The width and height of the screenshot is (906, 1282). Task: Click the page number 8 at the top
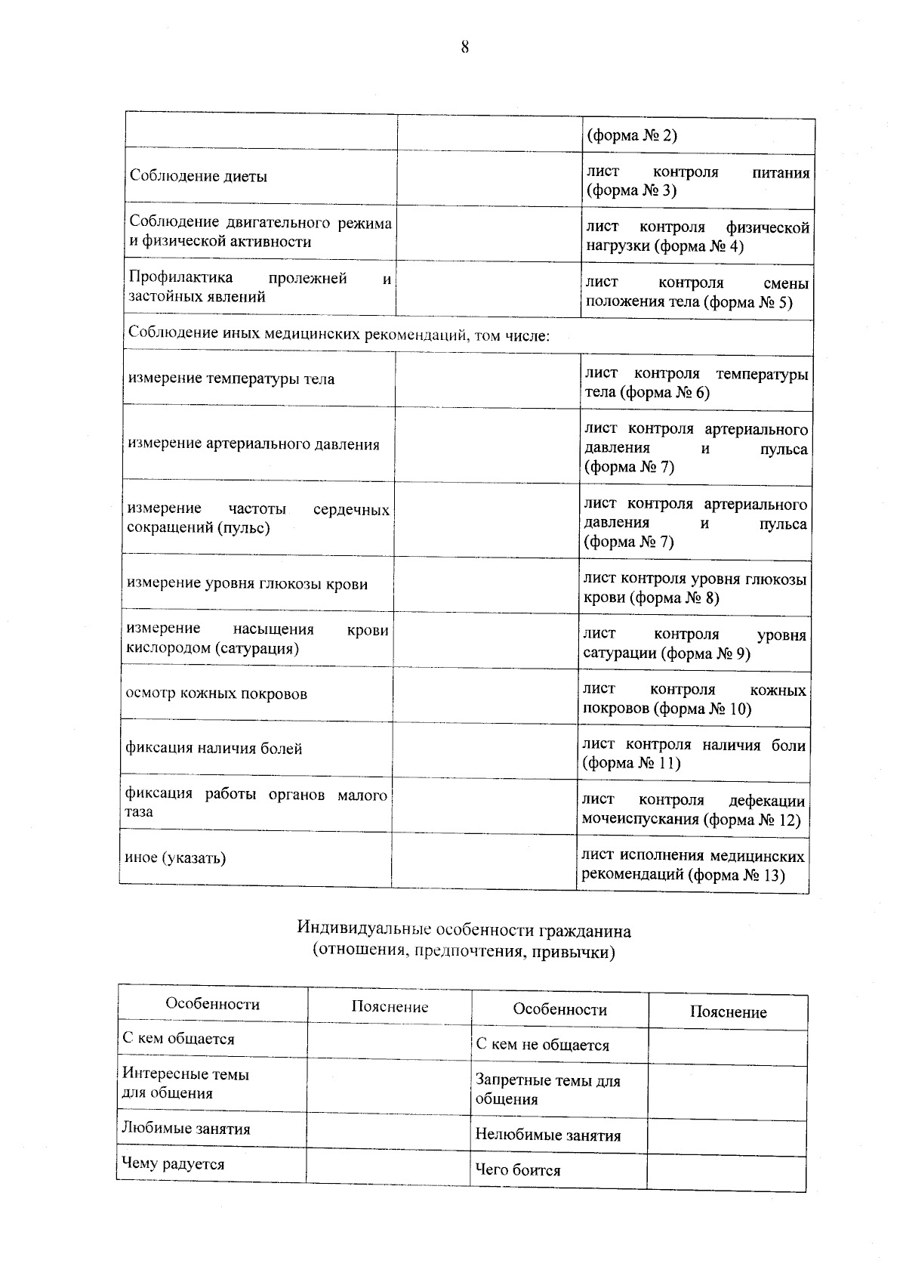[464, 48]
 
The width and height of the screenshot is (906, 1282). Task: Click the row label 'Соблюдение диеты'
[199, 177]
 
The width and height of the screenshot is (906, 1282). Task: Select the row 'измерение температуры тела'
[231, 379]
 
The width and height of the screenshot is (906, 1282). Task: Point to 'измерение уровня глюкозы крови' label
[247, 584]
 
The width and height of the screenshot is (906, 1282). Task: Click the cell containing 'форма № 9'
[694, 644]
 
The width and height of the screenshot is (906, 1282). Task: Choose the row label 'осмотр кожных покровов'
[217, 694]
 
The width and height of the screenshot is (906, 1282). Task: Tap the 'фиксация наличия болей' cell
[214, 749]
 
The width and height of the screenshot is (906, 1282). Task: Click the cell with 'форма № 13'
[692, 866]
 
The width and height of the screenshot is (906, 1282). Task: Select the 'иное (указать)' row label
[175, 858]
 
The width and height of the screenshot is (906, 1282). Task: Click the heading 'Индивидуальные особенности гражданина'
[464, 928]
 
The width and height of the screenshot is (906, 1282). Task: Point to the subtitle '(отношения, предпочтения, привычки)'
[464, 952]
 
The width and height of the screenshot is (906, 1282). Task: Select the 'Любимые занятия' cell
[186, 1129]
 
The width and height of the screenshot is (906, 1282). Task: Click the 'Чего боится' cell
[518, 1171]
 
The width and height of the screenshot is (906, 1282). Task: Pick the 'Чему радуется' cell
[174, 1164]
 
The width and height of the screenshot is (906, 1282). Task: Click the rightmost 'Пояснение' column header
[728, 1013]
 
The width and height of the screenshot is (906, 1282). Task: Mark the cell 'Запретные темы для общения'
[547, 1090]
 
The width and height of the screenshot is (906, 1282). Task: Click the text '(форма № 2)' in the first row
[632, 136]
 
